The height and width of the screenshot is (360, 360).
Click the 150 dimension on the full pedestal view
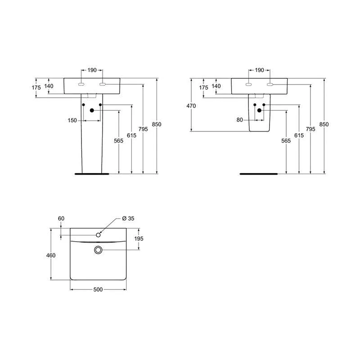coord(72,120)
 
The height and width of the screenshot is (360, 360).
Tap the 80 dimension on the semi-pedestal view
coord(239,120)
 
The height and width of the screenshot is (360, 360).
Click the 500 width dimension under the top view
coord(98,290)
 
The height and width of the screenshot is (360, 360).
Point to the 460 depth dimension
coord(51,256)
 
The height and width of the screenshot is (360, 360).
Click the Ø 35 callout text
coord(129,219)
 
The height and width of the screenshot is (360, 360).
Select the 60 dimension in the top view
coord(61,219)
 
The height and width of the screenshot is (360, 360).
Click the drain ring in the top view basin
coord(99,250)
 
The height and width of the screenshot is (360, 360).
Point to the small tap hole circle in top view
coord(99,234)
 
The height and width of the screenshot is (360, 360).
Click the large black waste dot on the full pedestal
coord(92,110)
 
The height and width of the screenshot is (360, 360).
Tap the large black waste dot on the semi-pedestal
coord(259,110)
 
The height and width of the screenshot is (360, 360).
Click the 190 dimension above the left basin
coord(92,70)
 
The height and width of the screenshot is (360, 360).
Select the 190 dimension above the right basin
coord(259,70)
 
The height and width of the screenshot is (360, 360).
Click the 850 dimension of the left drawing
coord(157,125)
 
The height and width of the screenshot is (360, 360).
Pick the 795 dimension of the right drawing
coord(310,129)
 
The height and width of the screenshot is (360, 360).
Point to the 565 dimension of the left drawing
coord(118,141)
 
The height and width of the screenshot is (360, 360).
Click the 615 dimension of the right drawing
coord(298,135)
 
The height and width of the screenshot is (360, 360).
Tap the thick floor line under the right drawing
coord(259,173)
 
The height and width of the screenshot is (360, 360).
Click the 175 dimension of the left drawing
coord(36,88)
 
